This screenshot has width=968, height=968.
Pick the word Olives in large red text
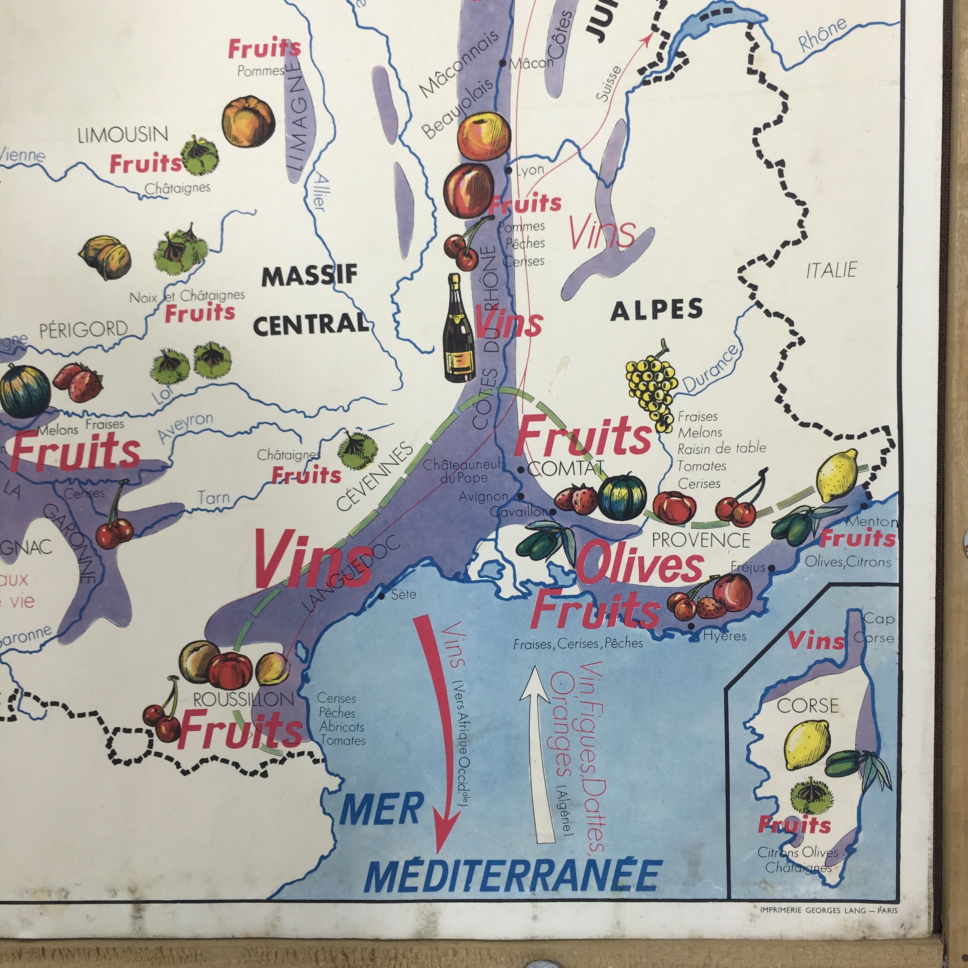coord(640,565)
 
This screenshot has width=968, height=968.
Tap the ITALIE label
coord(832,270)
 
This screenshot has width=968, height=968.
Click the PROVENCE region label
coord(701,540)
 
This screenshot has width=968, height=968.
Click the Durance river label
coord(710,369)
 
